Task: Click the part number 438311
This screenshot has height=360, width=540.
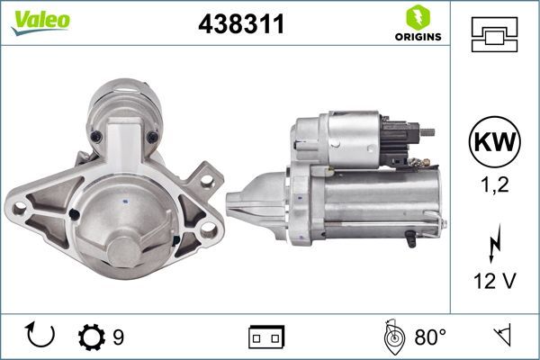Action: [x=240, y=24]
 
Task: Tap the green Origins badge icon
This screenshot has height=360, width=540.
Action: [x=417, y=16]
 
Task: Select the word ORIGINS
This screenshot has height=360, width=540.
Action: [x=417, y=38]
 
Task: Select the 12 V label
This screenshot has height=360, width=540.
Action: [x=493, y=282]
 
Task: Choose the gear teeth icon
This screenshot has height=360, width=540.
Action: [x=92, y=337]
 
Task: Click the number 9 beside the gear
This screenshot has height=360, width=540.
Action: [x=118, y=337]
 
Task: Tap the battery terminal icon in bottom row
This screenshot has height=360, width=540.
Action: [x=266, y=337]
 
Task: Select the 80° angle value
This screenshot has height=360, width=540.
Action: [x=430, y=337]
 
